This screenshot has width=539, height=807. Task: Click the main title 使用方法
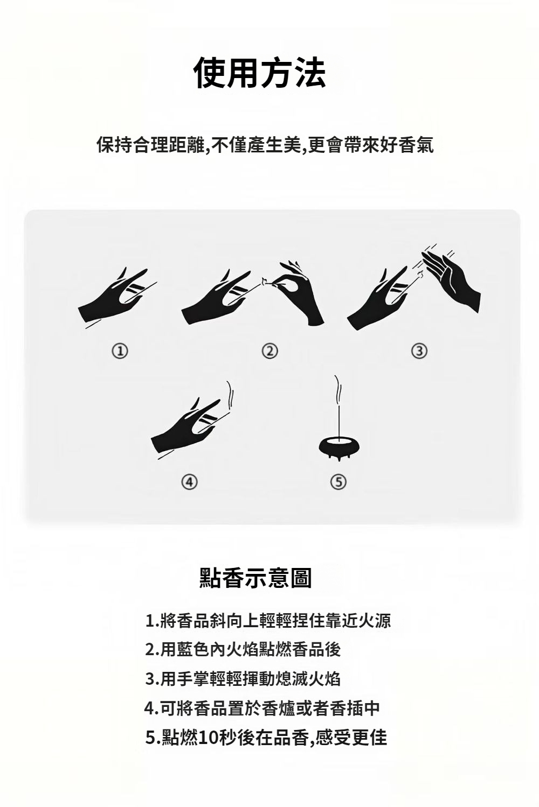tap(260, 73)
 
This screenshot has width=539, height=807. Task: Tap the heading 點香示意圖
tap(255, 578)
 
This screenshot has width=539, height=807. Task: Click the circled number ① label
tap(120, 350)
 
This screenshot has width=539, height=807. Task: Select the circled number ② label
tap(270, 350)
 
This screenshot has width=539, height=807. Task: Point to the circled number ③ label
tap(419, 350)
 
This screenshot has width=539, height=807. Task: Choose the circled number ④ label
tap(189, 482)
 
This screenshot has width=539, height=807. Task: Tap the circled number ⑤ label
tap(338, 482)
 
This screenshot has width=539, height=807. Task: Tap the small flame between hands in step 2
tap(264, 280)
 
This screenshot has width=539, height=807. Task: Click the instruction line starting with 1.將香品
tap(268, 621)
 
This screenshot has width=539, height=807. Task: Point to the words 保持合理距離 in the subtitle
tap(151, 145)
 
